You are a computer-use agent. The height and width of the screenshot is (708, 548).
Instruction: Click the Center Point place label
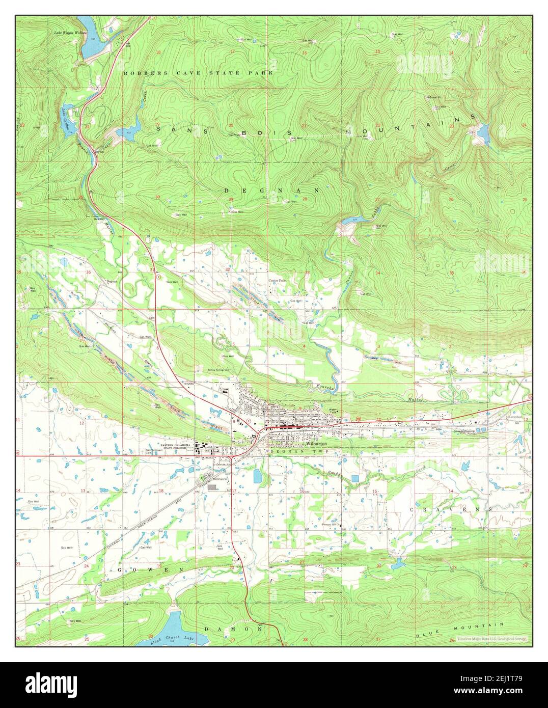[x=278, y=281]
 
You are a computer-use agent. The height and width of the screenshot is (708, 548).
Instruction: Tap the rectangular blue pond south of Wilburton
[x=257, y=476]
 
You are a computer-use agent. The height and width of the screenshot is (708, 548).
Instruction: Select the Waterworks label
[x=219, y=479]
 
